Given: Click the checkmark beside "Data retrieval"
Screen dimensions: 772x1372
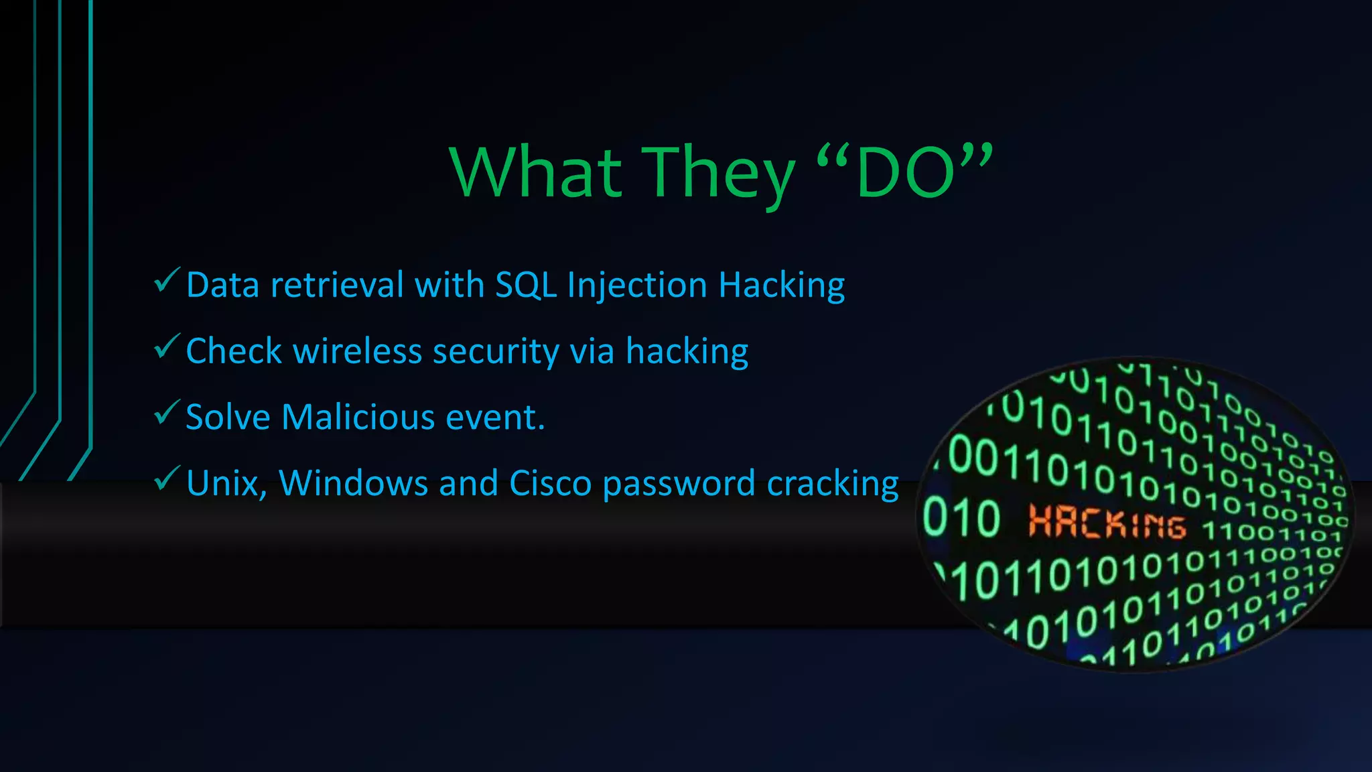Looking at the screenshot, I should click(166, 280).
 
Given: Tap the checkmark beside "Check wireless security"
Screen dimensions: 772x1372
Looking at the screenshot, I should click(166, 346).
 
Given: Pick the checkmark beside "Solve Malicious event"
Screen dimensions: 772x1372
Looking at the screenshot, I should click(166, 412).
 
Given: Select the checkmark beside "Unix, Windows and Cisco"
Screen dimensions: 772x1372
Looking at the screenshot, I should click(166, 478).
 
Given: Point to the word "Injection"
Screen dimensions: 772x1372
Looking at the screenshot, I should click(636, 286).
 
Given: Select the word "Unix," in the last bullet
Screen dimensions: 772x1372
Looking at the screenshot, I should click(226, 483).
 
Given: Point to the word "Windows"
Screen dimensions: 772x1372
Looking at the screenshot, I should click(353, 483).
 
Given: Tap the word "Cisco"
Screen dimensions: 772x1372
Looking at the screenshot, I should click(550, 483).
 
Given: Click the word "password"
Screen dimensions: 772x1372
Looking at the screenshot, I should click(679, 485).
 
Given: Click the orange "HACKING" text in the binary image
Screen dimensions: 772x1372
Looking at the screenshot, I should click(1107, 522).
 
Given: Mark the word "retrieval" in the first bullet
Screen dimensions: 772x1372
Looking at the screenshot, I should click(337, 285).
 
